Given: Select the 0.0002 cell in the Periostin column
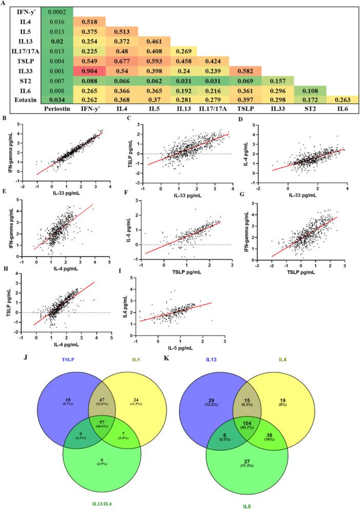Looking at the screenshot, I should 58,11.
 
